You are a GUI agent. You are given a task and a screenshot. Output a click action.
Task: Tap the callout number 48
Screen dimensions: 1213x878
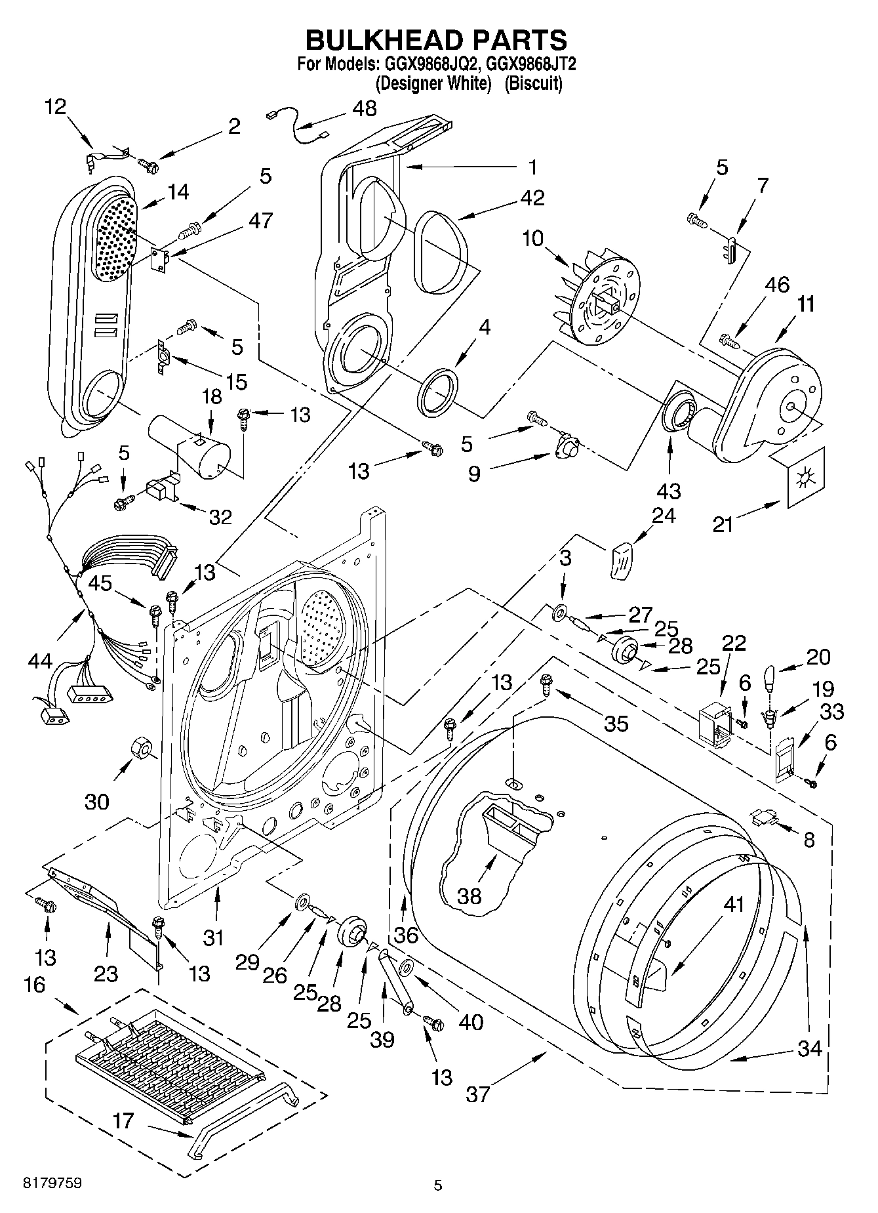364,108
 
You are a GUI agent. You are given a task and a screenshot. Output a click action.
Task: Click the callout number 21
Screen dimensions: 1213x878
723,525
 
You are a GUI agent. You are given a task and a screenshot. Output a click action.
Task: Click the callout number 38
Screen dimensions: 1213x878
469,895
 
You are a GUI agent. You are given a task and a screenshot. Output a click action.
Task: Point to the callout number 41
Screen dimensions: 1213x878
734,904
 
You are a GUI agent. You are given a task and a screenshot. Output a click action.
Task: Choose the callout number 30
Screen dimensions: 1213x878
97,801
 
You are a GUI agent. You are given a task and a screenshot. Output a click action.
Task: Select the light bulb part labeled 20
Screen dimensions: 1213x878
772,678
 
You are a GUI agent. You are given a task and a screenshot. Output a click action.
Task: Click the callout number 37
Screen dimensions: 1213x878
478,1094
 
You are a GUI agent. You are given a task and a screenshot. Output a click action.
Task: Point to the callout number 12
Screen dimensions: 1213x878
56,106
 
